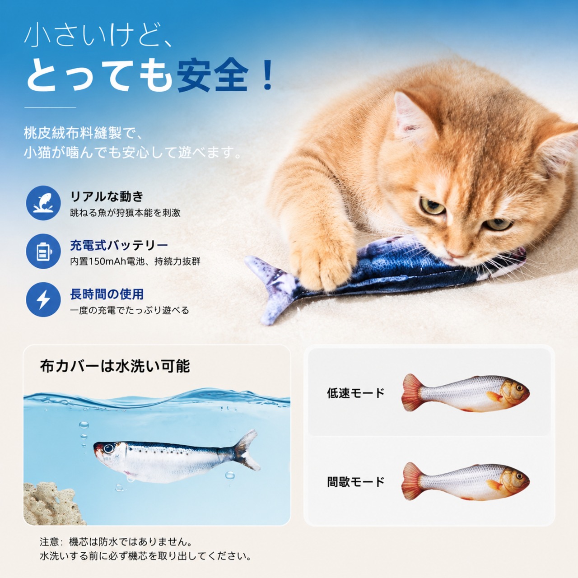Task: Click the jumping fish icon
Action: [x=43, y=203]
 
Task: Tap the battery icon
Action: [x=43, y=252]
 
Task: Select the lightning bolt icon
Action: [x=43, y=300]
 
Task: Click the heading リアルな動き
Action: [x=107, y=196]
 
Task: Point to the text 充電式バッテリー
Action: [x=119, y=245]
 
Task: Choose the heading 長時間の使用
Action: [x=107, y=294]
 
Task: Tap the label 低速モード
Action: [x=356, y=393]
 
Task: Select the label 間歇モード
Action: [x=356, y=482]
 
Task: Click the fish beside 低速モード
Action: [x=466, y=393]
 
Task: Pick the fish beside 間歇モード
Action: [x=466, y=482]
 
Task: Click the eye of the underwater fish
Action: [x=108, y=448]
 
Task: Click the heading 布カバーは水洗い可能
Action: [x=115, y=366]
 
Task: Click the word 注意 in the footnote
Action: [x=50, y=542]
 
